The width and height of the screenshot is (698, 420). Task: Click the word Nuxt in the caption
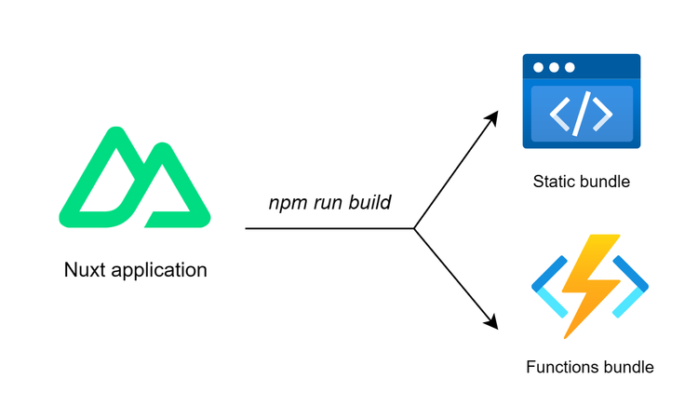point(85,270)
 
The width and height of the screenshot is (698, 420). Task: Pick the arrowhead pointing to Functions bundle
point(491,323)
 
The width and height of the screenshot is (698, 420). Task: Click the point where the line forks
point(414,228)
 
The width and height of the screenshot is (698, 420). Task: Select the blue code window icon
point(581,102)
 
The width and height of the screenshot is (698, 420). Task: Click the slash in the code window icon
point(582,114)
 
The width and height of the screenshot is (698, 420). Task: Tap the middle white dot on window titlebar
point(555,68)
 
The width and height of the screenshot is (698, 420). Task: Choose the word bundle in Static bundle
point(604,182)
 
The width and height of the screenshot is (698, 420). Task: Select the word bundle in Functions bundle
point(628,367)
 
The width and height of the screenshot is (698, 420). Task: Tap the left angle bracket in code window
point(559,114)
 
